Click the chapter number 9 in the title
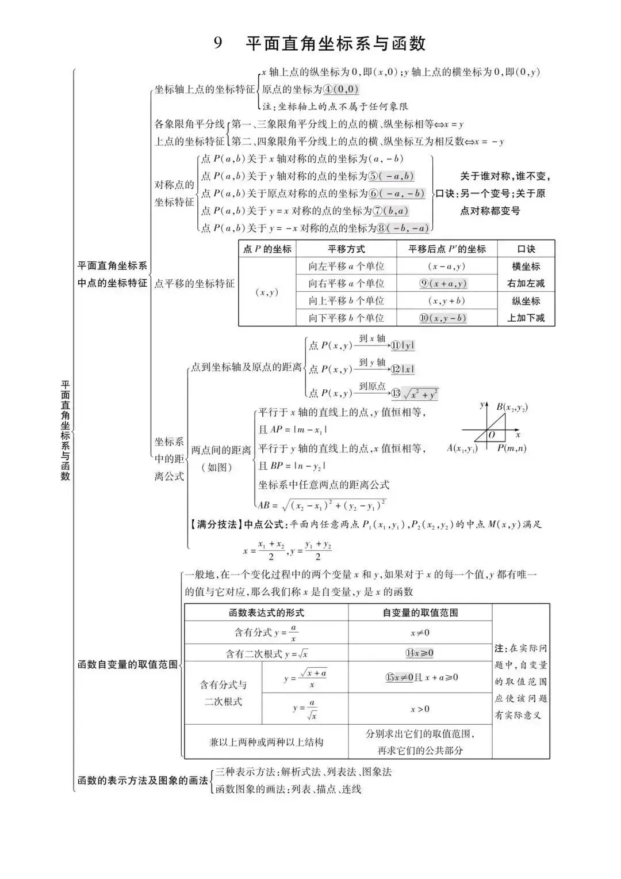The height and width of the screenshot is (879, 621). [218, 44]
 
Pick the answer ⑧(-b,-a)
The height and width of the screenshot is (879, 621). [403, 228]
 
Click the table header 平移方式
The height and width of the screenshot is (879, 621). [346, 249]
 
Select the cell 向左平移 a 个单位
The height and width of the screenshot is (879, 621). [346, 266]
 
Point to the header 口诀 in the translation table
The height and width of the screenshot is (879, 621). [526, 249]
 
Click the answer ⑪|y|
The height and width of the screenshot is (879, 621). [402, 345]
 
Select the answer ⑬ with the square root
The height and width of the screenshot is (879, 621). [415, 394]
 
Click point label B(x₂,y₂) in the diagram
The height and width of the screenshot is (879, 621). [512, 407]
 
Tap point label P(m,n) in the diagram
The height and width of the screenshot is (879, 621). [512, 448]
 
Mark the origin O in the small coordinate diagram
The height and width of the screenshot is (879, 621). [492, 435]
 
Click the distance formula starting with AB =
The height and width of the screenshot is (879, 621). [321, 505]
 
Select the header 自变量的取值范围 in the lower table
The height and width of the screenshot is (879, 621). [420, 612]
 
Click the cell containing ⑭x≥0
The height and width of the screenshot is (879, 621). [420, 653]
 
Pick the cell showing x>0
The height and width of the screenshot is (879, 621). [420, 709]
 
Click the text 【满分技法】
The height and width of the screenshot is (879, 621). [213, 524]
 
